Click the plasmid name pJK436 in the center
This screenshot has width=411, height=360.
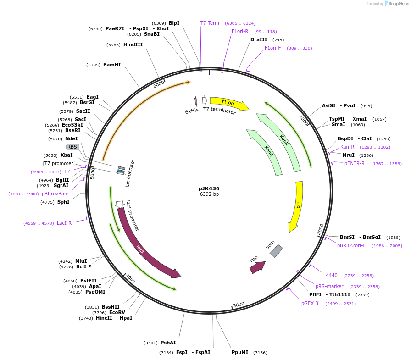[x=209, y=188]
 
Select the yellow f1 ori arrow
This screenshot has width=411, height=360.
[x=228, y=103]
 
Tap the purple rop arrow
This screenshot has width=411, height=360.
[x=257, y=267]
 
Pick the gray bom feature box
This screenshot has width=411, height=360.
[x=276, y=251]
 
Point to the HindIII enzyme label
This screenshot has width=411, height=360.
[x=133, y=45]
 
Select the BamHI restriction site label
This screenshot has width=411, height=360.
[x=112, y=65]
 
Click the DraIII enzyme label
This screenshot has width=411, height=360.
[x=259, y=40]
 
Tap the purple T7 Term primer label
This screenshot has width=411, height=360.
[x=210, y=23]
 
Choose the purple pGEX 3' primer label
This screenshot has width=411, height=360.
[x=310, y=304]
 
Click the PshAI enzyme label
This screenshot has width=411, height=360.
[x=168, y=343]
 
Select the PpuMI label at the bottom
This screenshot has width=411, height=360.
[x=240, y=352]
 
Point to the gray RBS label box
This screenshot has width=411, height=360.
[x=72, y=147]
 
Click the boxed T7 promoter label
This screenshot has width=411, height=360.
[x=59, y=163]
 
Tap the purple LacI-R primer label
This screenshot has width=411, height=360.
[x=64, y=223]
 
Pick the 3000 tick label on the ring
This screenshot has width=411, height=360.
[x=239, y=305]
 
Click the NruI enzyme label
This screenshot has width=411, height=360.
[x=348, y=155]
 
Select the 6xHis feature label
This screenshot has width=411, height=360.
[x=192, y=111]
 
